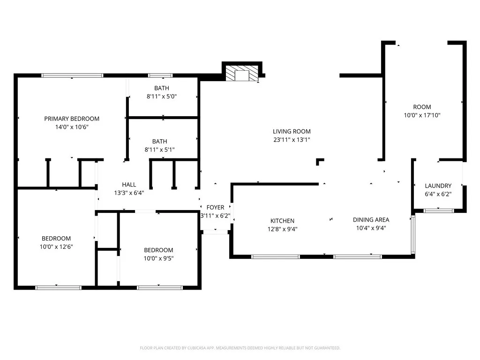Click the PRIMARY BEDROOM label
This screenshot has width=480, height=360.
[x=72, y=119]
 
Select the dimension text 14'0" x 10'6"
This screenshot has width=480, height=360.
[x=72, y=127]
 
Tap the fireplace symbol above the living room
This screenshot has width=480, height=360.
[x=241, y=73]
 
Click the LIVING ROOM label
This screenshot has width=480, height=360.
[x=292, y=131]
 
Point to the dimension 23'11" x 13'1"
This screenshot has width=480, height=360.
[x=292, y=140]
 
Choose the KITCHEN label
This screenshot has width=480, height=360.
[x=282, y=221]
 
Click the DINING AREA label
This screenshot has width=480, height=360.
[x=371, y=219]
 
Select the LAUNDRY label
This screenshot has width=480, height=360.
[x=438, y=186]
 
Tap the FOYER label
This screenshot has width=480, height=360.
[x=215, y=207]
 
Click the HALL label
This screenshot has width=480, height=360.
[x=129, y=185]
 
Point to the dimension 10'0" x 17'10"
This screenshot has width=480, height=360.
[x=422, y=115]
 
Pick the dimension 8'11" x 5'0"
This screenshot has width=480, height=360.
[x=162, y=96]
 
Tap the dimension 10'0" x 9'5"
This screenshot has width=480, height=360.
[x=158, y=258]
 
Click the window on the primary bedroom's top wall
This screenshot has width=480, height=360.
[x=72, y=75]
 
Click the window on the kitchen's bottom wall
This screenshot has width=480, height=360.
[x=275, y=256]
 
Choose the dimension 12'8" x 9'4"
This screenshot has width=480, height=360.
[x=282, y=229]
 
